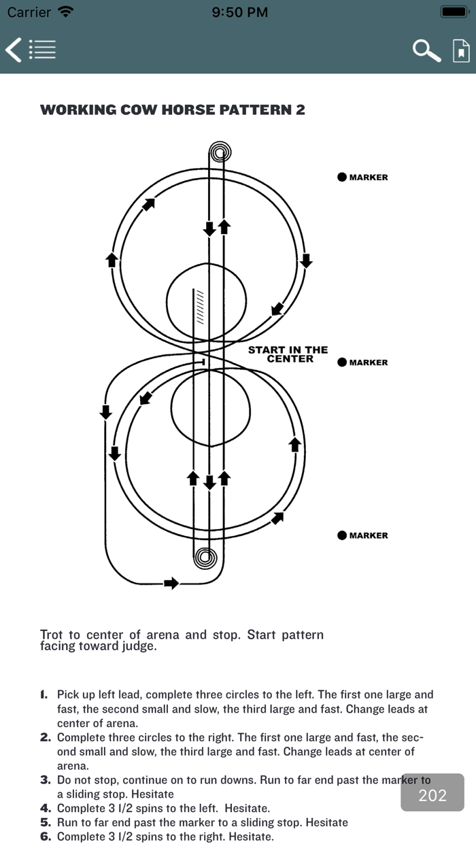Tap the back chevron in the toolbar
[x=13, y=50]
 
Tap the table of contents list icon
[x=42, y=50]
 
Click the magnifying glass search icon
[x=426, y=50]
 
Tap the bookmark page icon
[x=461, y=50]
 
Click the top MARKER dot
[x=342, y=177]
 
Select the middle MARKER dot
[x=342, y=362]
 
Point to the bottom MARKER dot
[x=342, y=535]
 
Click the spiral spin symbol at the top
[x=219, y=152]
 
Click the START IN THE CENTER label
[x=288, y=354]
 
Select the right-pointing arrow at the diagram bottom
[x=172, y=583]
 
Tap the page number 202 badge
[x=432, y=795]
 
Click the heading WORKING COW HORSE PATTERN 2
[x=173, y=110]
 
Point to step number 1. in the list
[x=44, y=695]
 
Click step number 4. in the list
[x=46, y=809]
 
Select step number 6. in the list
[x=46, y=836]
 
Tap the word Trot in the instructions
[x=52, y=635]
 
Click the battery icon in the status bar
[x=453, y=12]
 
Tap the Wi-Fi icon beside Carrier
[x=66, y=12]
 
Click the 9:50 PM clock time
[x=239, y=12]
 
